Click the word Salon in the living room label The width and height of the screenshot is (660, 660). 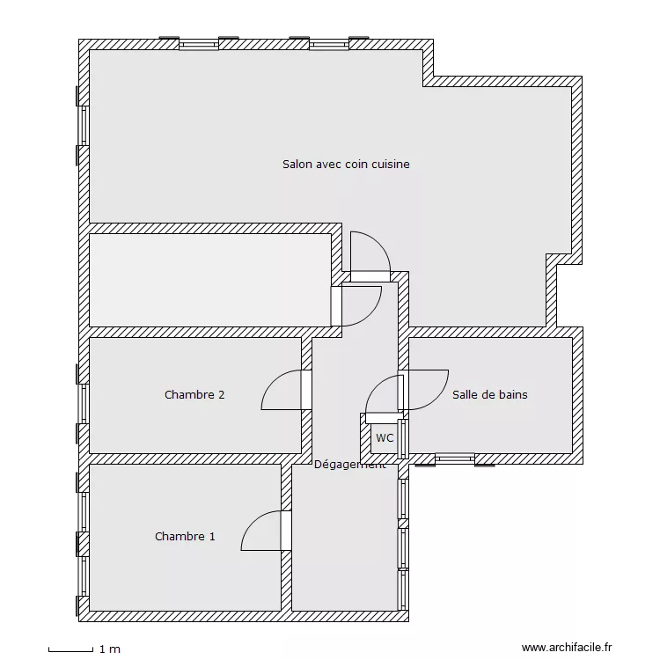298,164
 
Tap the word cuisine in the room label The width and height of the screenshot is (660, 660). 390,164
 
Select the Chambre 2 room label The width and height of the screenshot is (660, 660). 194,395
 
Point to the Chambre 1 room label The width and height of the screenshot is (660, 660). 185,536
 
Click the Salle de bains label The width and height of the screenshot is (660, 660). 489,395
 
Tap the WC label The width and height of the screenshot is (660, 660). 385,437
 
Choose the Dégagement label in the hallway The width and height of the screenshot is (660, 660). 349,465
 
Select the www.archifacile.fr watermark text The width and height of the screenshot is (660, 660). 566,648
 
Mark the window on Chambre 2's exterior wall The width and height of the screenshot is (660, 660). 84,404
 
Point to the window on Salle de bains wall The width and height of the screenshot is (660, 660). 455,458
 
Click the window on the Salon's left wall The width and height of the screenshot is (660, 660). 84,125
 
